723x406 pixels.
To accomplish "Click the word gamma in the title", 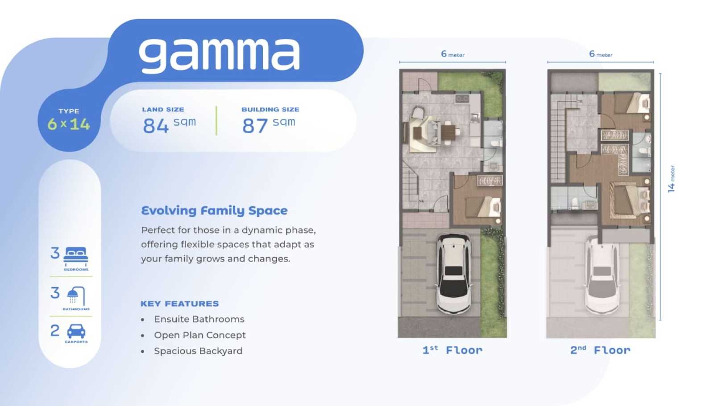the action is [219, 55].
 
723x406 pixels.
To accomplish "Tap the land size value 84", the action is [156, 125].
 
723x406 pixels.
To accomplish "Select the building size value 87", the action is [255, 125].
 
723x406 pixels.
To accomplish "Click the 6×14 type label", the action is [69, 124].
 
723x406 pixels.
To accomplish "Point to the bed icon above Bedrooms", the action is [76, 257].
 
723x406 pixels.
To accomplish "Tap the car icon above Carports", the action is [76, 331].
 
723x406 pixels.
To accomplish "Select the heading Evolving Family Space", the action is [214, 211].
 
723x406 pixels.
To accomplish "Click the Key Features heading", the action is [180, 303].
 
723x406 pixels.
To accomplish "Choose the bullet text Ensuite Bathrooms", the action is [199, 319].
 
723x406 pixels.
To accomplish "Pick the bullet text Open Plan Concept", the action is [200, 335].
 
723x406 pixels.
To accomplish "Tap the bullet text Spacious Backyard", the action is [198, 351].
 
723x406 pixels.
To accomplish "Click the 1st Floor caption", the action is [453, 350].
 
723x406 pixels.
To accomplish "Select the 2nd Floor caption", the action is [600, 350].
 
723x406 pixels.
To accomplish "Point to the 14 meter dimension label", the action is [671, 179].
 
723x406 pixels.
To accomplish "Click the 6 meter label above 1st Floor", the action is [453, 54].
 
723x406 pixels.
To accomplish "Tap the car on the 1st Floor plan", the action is [453, 274].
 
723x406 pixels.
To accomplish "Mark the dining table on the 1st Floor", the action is [449, 132].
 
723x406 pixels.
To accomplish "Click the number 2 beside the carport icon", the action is [55, 331].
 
